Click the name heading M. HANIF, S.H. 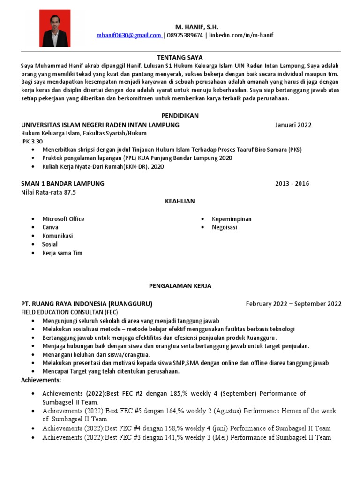[x=196, y=27]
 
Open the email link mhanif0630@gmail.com [x=128, y=35]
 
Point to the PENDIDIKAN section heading [x=180, y=115]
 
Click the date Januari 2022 [x=293, y=125]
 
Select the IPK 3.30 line [x=32, y=141]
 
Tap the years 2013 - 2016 [x=292, y=183]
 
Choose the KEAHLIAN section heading [x=180, y=201]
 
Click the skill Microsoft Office [x=63, y=219]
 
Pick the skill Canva [x=51, y=227]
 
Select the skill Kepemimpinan [x=232, y=219]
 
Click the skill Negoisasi [x=225, y=227]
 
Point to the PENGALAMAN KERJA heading [x=180, y=285]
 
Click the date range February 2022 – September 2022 [x=293, y=304]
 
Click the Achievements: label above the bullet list [x=41, y=379]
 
